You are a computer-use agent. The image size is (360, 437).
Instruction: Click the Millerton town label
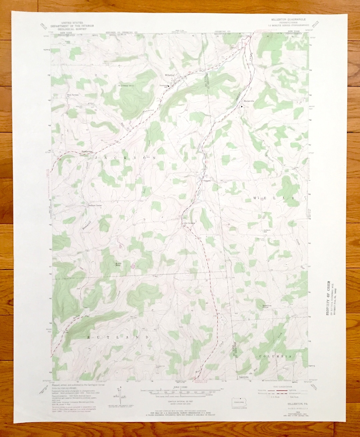(x=169, y=75)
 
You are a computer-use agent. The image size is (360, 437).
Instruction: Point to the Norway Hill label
(x=126, y=86)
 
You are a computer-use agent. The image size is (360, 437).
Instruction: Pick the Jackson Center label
(x=95, y=206)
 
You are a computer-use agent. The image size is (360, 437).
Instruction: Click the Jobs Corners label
(x=188, y=223)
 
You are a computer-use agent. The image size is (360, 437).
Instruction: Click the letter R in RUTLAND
(x=88, y=337)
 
